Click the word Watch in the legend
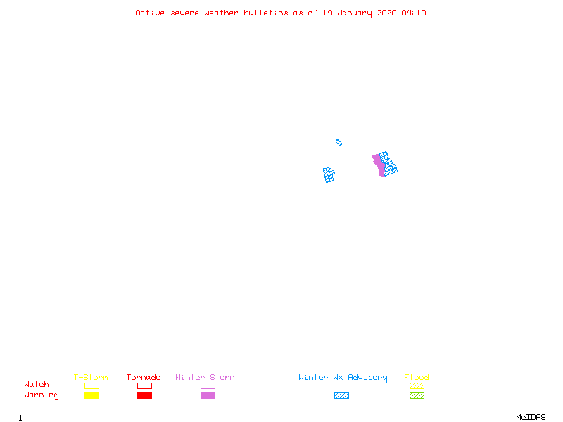(x=37, y=385)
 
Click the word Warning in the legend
(x=41, y=395)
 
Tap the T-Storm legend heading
(x=91, y=378)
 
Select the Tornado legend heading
(x=144, y=378)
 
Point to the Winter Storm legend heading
(x=205, y=378)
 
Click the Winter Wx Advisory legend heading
(x=343, y=378)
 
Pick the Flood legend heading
(x=417, y=378)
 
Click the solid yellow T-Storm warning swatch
(x=91, y=396)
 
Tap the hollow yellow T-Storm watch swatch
(x=91, y=385)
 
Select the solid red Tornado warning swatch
(x=144, y=396)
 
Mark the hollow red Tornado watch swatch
(x=144, y=385)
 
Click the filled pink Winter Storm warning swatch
(x=208, y=396)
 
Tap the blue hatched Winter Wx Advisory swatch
(x=341, y=396)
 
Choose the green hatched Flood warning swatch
(x=417, y=396)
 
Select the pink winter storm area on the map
(x=379, y=166)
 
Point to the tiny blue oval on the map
(x=339, y=142)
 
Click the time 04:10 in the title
(x=414, y=13)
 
